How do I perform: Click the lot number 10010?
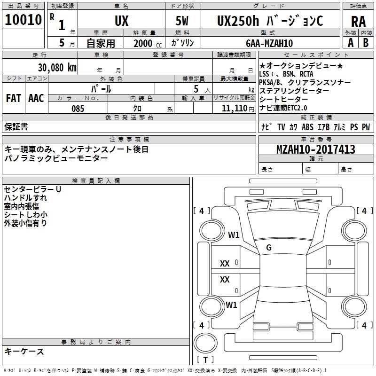(23, 19)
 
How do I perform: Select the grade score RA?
(358, 21)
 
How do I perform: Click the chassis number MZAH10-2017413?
(315, 149)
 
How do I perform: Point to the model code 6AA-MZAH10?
(270, 43)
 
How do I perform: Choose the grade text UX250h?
(237, 21)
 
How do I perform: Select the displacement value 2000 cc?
(143, 43)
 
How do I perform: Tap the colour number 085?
(78, 109)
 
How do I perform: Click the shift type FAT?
(13, 98)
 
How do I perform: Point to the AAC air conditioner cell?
(36, 98)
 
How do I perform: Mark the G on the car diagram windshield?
(269, 248)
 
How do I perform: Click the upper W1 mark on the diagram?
(234, 235)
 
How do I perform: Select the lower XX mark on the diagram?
(225, 280)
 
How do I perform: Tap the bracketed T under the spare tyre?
(205, 360)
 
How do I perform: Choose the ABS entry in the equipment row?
(307, 127)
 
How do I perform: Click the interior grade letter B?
(365, 43)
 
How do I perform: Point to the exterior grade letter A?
(350, 43)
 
